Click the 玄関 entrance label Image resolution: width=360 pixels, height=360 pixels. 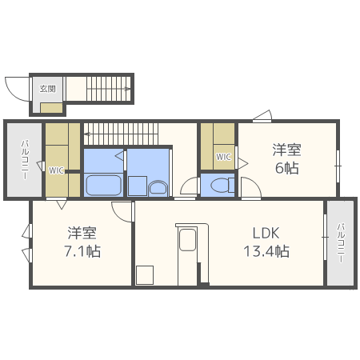[x=48, y=89]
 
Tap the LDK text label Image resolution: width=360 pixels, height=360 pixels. [x=266, y=233]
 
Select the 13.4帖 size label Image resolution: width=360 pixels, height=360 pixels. [x=266, y=251]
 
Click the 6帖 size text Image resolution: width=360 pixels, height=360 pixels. [x=286, y=168]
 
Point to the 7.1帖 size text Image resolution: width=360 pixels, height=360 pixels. [x=82, y=251]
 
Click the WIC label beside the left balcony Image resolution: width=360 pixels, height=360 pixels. [x=56, y=170]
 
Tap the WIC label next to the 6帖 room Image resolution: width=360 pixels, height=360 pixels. [x=223, y=157]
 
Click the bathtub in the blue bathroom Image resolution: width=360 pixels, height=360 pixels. [x=103, y=185]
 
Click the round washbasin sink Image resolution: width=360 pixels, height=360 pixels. [x=158, y=188]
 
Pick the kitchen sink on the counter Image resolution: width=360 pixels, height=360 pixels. [x=187, y=240]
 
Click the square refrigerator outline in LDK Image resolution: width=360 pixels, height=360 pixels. [x=145, y=275]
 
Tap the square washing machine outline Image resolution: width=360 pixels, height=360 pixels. [x=138, y=186]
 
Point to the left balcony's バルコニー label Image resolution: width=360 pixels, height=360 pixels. [x=25, y=159]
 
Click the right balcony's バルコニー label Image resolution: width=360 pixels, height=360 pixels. [x=341, y=242]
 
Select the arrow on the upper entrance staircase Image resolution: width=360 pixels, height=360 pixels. [x=109, y=89]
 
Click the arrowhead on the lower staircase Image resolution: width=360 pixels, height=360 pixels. [x=86, y=134]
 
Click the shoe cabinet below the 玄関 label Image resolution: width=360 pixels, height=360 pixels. [x=51, y=108]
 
